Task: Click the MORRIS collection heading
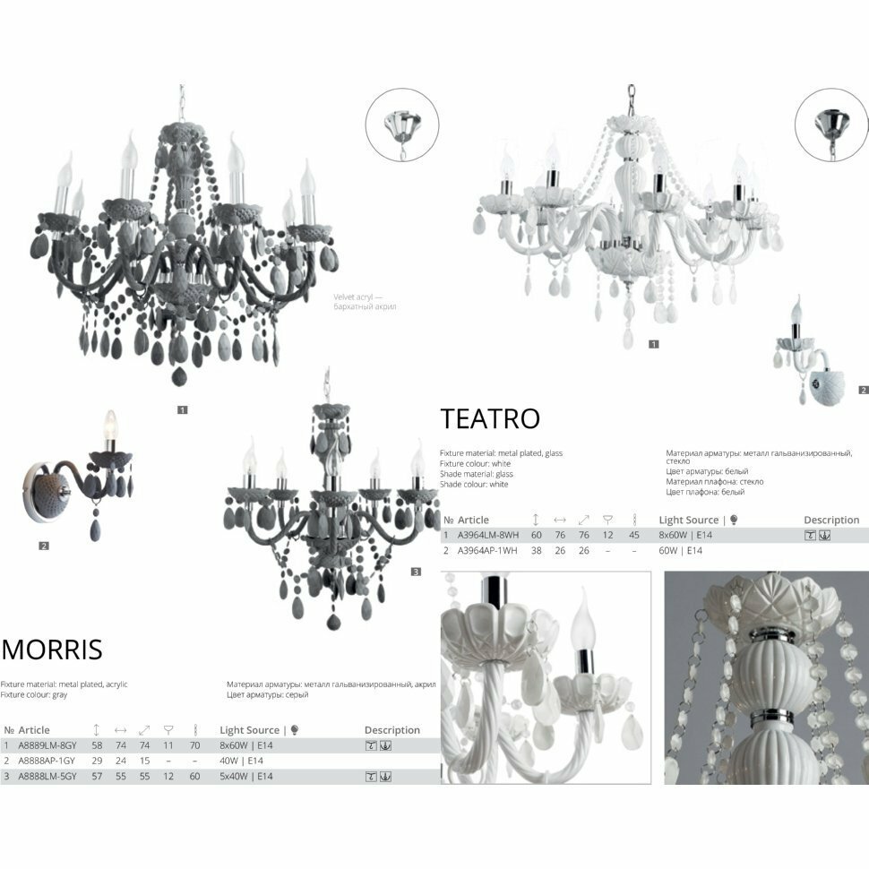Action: click(52, 649)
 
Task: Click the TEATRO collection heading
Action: click(490, 418)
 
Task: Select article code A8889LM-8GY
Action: click(47, 745)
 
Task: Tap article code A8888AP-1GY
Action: click(47, 761)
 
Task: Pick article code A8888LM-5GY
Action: click(47, 776)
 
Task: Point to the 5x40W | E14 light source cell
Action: click(246, 776)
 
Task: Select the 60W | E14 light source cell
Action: click(681, 550)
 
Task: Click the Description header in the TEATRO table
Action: click(830, 520)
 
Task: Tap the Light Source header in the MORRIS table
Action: click(250, 730)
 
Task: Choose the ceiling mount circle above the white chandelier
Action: click(830, 124)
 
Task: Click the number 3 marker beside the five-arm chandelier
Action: click(416, 572)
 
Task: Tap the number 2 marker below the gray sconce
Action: click(44, 546)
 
